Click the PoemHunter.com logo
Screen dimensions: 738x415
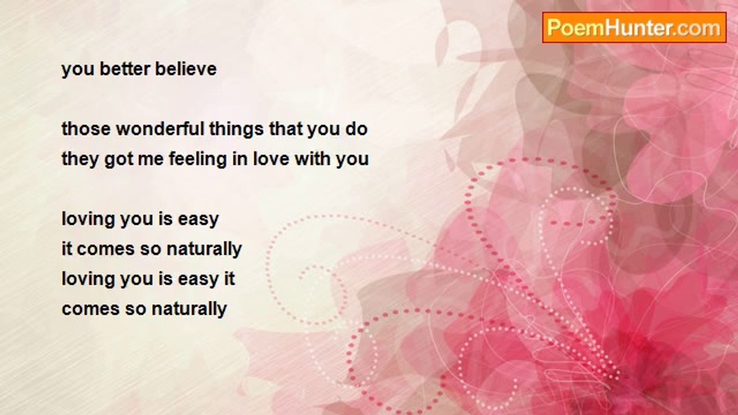tap(634, 28)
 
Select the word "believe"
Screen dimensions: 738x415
tap(186, 69)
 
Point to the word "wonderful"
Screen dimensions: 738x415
tap(160, 129)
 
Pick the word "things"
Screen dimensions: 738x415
tap(237, 130)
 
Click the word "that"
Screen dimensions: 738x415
tap(286, 129)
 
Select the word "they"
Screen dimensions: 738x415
tap(80, 160)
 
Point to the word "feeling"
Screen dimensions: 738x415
tap(198, 160)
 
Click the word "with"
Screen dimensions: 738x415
tap(312, 159)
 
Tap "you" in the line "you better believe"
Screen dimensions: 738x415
tap(78, 70)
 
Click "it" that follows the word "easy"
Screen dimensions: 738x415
tap(229, 278)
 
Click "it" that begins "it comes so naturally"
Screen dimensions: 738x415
tap(67, 248)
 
